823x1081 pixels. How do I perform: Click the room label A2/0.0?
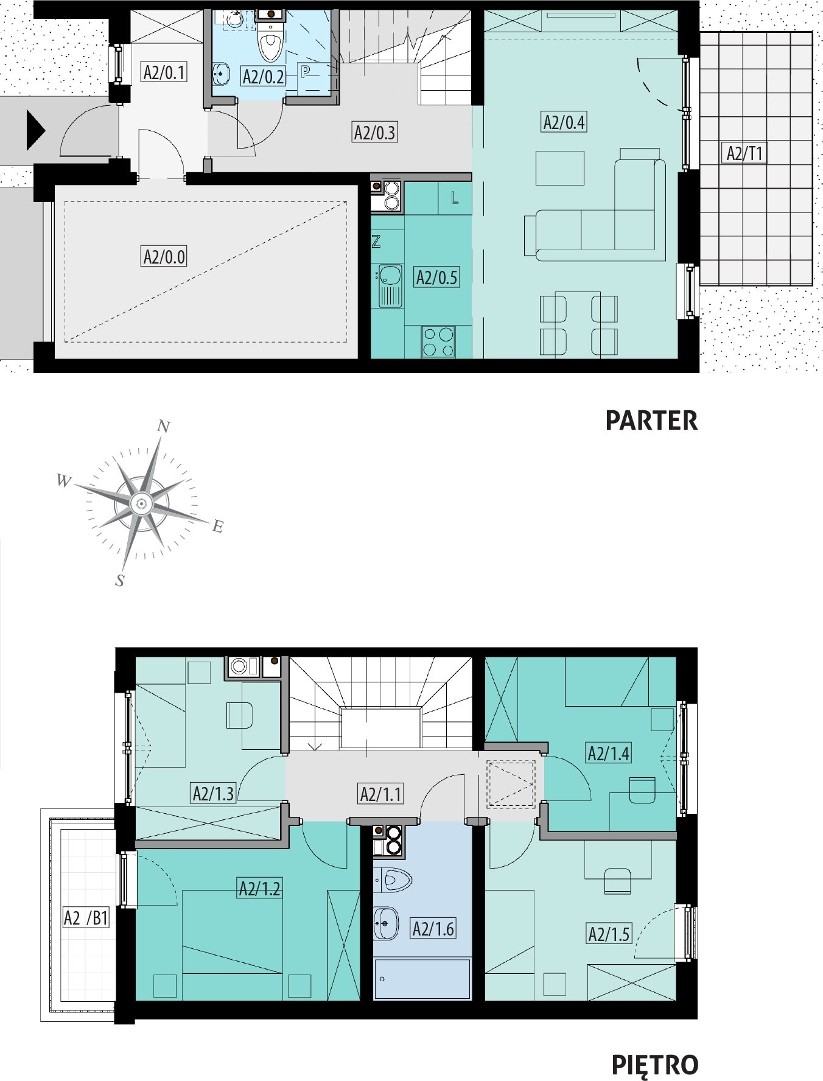(164, 256)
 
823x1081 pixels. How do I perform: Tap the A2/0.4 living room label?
(564, 122)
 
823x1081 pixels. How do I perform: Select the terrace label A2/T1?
(744, 153)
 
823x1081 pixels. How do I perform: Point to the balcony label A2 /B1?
(86, 917)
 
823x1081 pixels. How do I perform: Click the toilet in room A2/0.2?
(271, 41)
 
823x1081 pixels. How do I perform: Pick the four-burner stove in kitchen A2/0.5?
(438, 341)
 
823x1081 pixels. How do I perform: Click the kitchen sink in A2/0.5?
(390, 285)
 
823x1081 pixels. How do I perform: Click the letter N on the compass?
(163, 426)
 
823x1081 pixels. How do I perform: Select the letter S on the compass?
(120, 581)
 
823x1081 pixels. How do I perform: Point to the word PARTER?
(651, 421)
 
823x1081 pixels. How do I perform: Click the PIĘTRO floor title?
(655, 1065)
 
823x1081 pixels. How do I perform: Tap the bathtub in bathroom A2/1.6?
(422, 979)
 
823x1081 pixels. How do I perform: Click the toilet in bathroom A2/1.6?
(394, 880)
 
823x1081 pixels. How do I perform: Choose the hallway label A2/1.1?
(381, 794)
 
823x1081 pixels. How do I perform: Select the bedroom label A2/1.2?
(260, 889)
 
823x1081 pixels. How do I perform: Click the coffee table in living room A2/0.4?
(560, 168)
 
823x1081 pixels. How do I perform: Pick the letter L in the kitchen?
(455, 198)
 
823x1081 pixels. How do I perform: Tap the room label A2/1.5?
(609, 934)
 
